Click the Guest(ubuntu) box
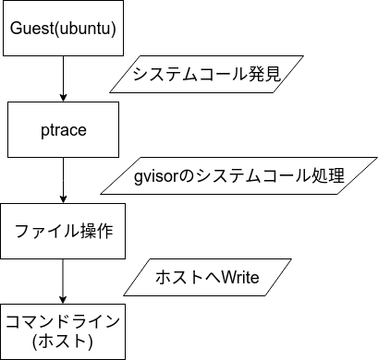pyautogui.click(x=63, y=29)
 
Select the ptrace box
pyautogui.click(x=63, y=129)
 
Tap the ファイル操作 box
pyautogui.click(x=63, y=231)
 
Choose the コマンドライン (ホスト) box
pyautogui.click(x=63, y=330)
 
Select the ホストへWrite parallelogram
pyautogui.click(x=206, y=277)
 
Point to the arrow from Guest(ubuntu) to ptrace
pyautogui.click(x=63, y=78)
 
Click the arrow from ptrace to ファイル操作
pyautogui.click(x=63, y=179)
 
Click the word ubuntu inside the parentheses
pyautogui.click(x=83, y=29)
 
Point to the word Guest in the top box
pyautogui.click(x=30, y=29)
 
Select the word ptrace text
pyautogui.click(x=63, y=129)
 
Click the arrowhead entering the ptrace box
pyautogui.click(x=63, y=96)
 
